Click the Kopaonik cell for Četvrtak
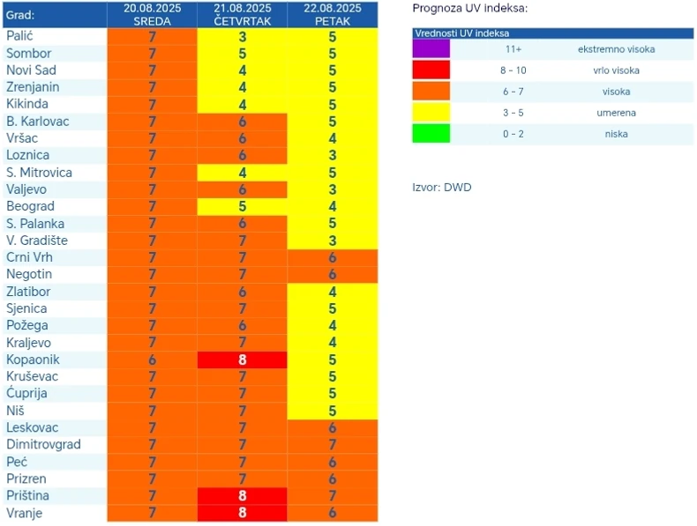[x=243, y=359]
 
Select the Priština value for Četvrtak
[x=243, y=496]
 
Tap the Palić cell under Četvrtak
[x=243, y=37]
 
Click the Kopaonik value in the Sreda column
[x=153, y=359]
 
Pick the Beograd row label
[x=31, y=206]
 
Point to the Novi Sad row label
[x=32, y=70]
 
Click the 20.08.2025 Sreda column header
[x=153, y=14]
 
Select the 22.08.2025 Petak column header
[x=333, y=14]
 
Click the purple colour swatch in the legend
[x=431, y=49]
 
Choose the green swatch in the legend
[x=431, y=133]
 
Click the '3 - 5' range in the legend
[x=507, y=113]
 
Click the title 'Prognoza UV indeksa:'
[x=470, y=9]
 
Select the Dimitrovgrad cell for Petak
[x=333, y=444]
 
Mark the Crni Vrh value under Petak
[x=333, y=257]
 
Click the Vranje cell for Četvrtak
[x=243, y=513]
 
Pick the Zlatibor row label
[x=29, y=291]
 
